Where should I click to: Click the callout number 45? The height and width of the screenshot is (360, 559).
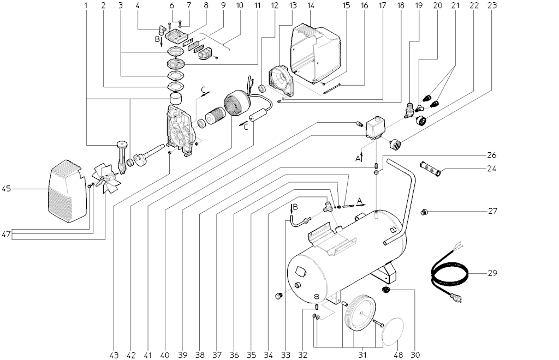[x=7, y=189]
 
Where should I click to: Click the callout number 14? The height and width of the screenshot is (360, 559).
[x=311, y=6]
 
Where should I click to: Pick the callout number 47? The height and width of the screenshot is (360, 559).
[x=7, y=235]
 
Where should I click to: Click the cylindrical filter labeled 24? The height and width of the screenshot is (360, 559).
[x=431, y=166]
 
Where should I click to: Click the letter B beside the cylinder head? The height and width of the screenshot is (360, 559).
[x=158, y=40]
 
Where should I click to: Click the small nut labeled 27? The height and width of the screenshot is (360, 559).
[x=423, y=212]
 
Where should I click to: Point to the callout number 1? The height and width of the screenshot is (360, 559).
[x=86, y=6]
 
